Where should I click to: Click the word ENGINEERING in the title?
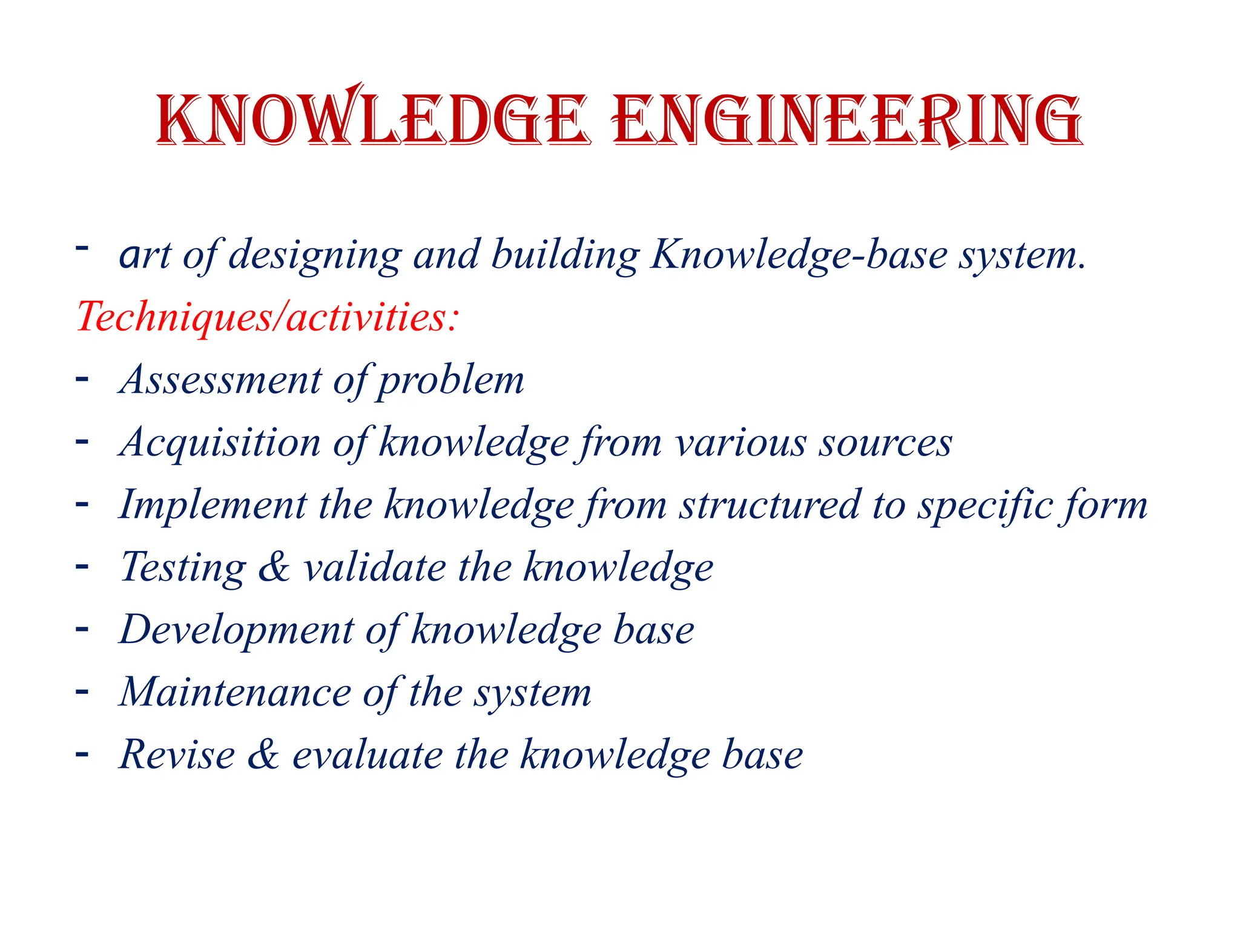click(x=846, y=119)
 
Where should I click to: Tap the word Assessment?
click(x=221, y=380)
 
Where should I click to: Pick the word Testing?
click(x=183, y=567)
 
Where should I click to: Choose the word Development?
click(x=237, y=630)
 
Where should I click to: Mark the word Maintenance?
click(x=235, y=692)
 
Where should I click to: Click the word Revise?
click(x=177, y=754)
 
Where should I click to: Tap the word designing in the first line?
click(x=315, y=255)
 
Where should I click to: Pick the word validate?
click(x=375, y=567)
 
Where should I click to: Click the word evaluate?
click(x=368, y=754)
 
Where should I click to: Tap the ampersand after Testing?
click(x=274, y=567)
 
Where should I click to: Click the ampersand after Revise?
click(x=263, y=754)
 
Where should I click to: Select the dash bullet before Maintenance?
click(x=82, y=691)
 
